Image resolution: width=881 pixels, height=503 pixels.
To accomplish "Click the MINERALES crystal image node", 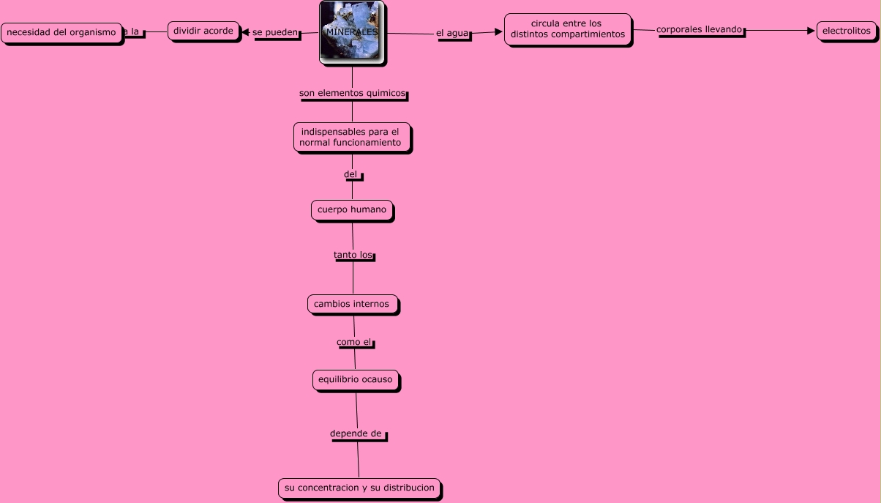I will (352, 33).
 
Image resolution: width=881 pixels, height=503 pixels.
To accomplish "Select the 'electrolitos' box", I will (846, 31).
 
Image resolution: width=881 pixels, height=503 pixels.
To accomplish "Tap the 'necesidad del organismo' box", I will (61, 33).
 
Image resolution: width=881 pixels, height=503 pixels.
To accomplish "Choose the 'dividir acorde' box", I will (203, 31).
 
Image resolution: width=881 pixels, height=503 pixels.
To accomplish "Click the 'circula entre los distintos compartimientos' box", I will (567, 29).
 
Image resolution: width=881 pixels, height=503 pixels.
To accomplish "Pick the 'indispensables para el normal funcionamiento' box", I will (351, 138).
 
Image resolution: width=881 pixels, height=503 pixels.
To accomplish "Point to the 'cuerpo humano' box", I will (352, 210).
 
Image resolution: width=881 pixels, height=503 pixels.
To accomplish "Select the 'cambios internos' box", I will (353, 304).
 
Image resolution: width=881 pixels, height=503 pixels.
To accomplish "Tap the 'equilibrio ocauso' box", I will (356, 380).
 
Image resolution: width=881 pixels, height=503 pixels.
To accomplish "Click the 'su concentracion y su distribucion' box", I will (359, 488).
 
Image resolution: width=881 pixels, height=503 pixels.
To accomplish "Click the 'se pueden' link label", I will (276, 33).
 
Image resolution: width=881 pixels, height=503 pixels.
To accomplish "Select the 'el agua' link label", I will (453, 34).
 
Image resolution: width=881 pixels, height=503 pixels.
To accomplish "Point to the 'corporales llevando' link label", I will (700, 30).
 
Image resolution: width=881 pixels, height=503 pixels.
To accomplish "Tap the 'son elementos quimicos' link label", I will (352, 94).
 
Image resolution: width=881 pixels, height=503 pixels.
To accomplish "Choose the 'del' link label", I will (351, 174).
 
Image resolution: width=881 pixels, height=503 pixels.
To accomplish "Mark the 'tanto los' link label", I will (353, 256).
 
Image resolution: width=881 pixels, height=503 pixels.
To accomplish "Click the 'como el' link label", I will (354, 342).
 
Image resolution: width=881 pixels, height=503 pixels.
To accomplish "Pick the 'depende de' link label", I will (356, 433).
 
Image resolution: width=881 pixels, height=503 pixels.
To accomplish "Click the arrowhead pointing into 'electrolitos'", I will (811, 31).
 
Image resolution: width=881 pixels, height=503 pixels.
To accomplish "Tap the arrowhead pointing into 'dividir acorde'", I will (245, 32).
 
